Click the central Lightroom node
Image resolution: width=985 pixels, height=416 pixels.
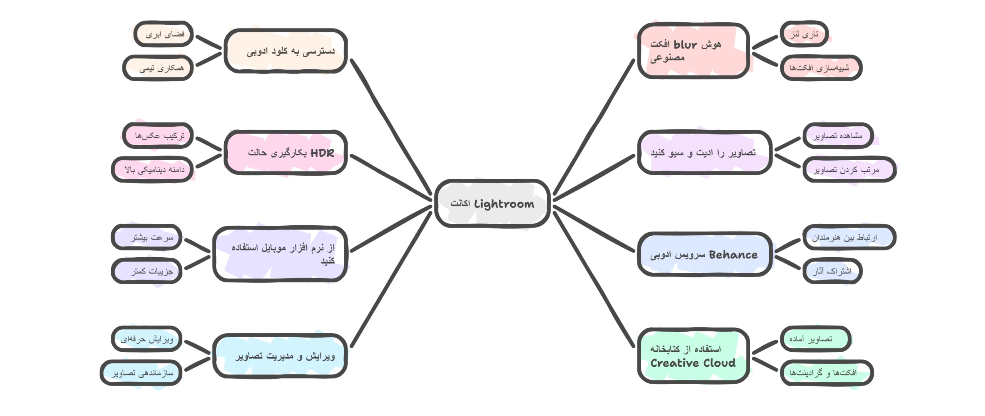(492, 203)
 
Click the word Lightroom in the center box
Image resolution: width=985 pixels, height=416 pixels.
(504, 204)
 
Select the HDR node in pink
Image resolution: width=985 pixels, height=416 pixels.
(285, 153)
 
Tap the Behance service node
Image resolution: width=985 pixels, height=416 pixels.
(704, 254)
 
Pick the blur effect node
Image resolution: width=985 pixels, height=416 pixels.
(693, 50)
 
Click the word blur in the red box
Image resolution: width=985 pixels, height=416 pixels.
(685, 45)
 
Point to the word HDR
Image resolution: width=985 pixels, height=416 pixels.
(322, 153)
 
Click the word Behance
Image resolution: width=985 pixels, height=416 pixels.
(733, 255)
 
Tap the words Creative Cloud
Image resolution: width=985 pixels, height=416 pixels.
(693, 363)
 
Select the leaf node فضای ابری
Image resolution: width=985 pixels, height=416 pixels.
(164, 34)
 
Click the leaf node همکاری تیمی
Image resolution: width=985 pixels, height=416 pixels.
(158, 68)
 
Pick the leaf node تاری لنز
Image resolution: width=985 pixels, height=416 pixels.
(804, 34)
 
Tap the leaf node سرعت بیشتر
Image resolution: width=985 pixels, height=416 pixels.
(147, 237)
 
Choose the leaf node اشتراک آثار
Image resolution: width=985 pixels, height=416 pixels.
(832, 271)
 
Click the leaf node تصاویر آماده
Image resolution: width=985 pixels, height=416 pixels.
(815, 339)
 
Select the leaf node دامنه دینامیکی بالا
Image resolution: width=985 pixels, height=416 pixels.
(153, 169)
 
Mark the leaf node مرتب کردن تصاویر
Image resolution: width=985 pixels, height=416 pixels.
(849, 169)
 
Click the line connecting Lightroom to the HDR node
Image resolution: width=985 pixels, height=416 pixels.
(391, 178)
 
